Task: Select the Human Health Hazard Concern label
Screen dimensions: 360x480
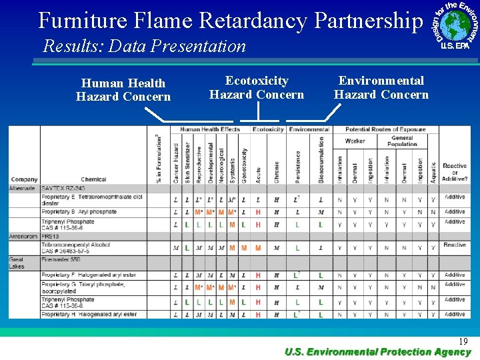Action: [123, 90]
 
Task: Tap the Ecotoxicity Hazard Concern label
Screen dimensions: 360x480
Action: [257, 87]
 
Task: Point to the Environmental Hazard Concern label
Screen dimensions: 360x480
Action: [381, 87]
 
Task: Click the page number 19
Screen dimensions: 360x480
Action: [463, 341]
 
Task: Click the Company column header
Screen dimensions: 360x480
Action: [24, 179]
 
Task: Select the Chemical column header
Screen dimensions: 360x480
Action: [93, 179]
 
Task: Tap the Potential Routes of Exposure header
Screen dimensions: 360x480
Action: [385, 129]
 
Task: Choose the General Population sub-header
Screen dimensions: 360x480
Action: [402, 141]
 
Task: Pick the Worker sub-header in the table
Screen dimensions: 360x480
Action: [355, 141]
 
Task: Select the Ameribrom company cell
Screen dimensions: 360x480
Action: [24, 237]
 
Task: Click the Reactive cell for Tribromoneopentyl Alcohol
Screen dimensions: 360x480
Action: [455, 245]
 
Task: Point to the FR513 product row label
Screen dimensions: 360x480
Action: [51, 237]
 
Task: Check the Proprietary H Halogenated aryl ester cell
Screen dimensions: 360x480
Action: [89, 314]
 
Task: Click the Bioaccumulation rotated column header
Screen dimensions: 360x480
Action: [321, 160]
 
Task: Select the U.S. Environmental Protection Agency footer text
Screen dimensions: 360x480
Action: [377, 352]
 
